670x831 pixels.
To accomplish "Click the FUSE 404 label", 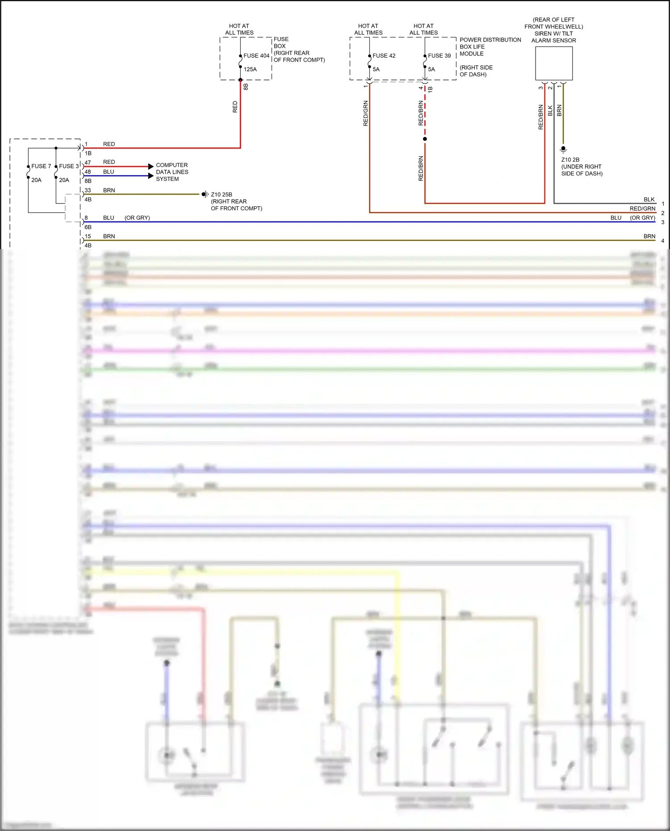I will [x=256, y=56].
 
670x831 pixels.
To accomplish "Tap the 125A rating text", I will [x=250, y=69].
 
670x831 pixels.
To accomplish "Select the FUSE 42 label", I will [x=384, y=56].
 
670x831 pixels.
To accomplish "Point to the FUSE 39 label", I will [x=439, y=56].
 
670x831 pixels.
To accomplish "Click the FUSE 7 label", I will [x=41, y=166].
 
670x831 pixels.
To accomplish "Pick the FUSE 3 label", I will [x=69, y=166].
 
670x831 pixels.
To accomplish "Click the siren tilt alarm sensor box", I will [x=554, y=63].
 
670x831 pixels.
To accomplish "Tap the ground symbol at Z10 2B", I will [x=563, y=150].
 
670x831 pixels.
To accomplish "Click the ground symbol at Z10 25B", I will [x=205, y=194].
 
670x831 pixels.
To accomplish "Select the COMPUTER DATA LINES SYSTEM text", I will [x=172, y=172].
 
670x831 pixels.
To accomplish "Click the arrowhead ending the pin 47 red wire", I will [x=151, y=167].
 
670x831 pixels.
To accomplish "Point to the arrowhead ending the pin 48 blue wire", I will [x=151, y=176].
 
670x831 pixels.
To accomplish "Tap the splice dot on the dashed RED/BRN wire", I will [x=425, y=139].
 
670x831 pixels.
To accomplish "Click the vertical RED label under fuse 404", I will [x=235, y=107].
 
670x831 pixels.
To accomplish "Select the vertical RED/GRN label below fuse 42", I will [x=365, y=113].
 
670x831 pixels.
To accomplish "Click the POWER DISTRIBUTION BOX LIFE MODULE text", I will [x=490, y=46].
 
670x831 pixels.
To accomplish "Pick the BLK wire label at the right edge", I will [x=649, y=200].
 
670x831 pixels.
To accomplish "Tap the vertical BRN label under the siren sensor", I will [x=559, y=111].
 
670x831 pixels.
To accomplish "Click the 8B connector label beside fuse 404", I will [x=246, y=87].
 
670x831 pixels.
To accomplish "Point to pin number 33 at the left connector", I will [x=88, y=190].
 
